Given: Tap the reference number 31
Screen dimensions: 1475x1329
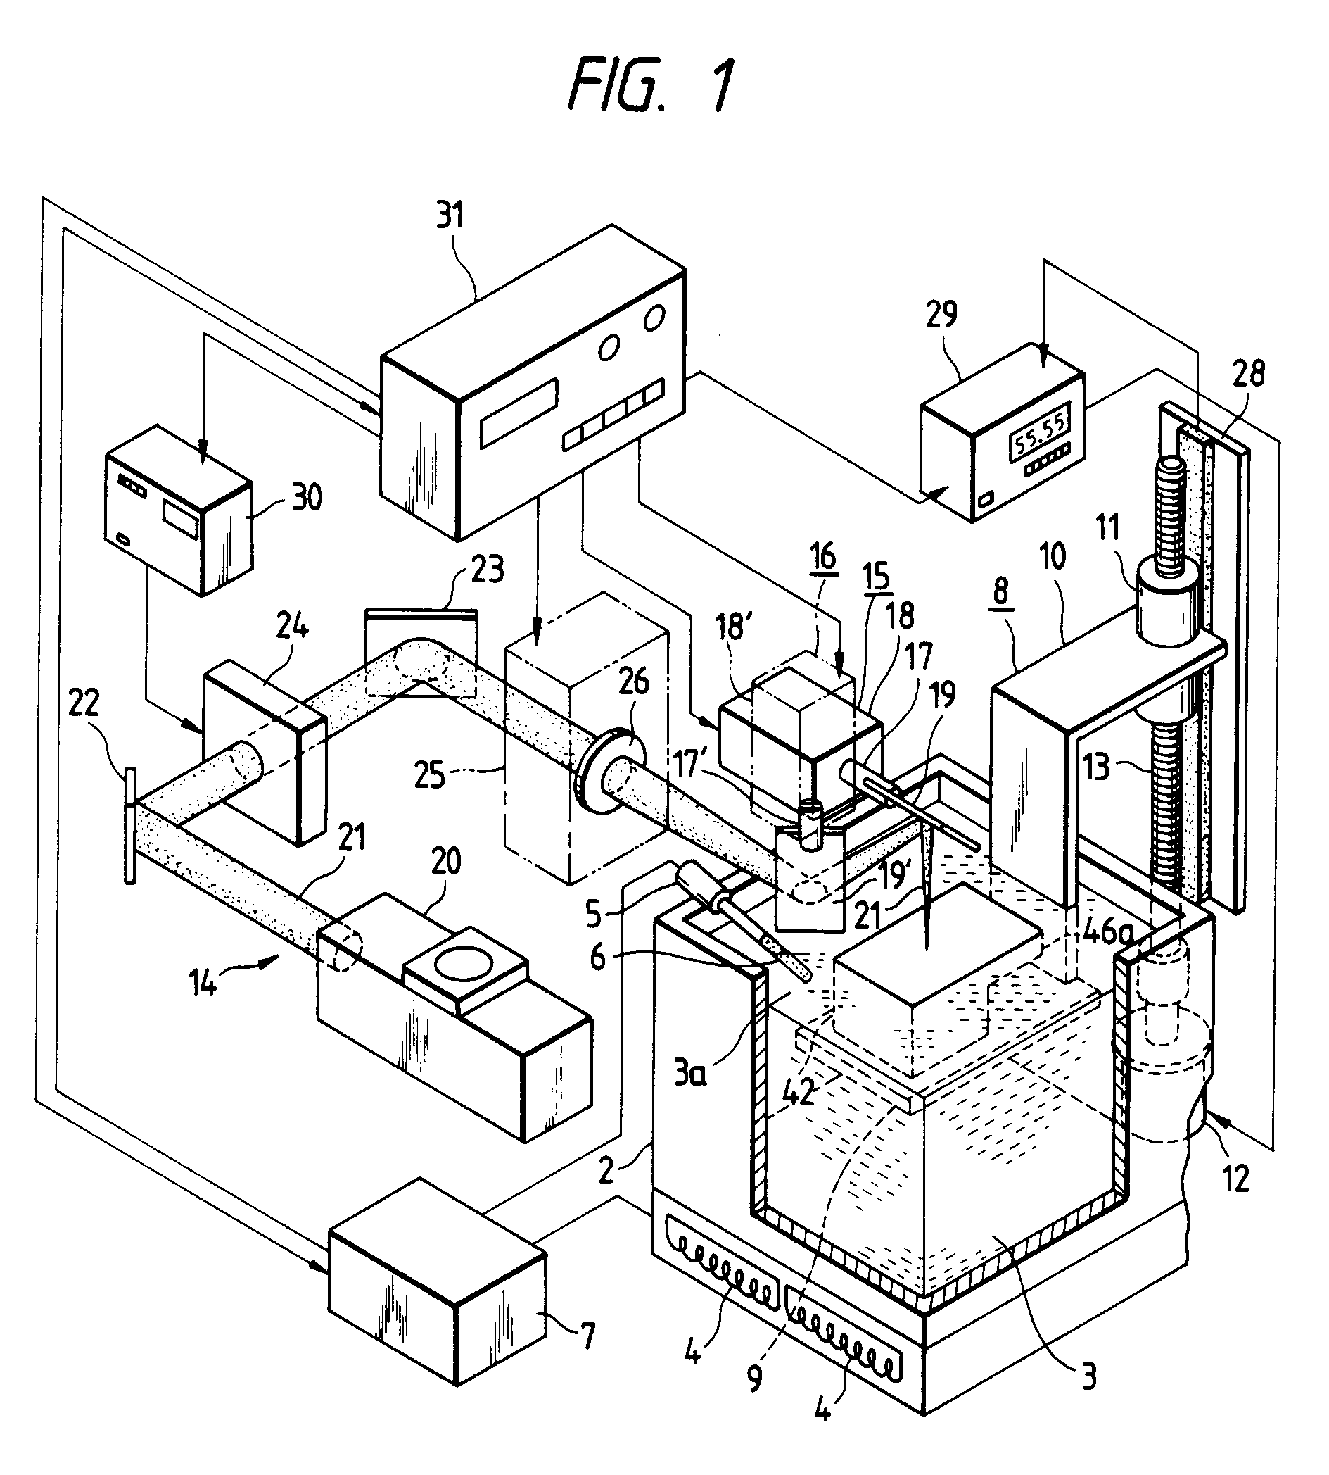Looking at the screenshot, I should pos(449,216).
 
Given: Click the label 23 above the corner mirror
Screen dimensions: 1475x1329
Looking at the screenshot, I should pos(487,569).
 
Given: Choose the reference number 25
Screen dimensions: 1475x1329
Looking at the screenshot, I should pos(428,775).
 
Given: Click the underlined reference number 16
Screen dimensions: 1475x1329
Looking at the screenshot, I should pos(823,557).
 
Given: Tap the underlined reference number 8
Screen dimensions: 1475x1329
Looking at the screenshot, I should pos(1000,590).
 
